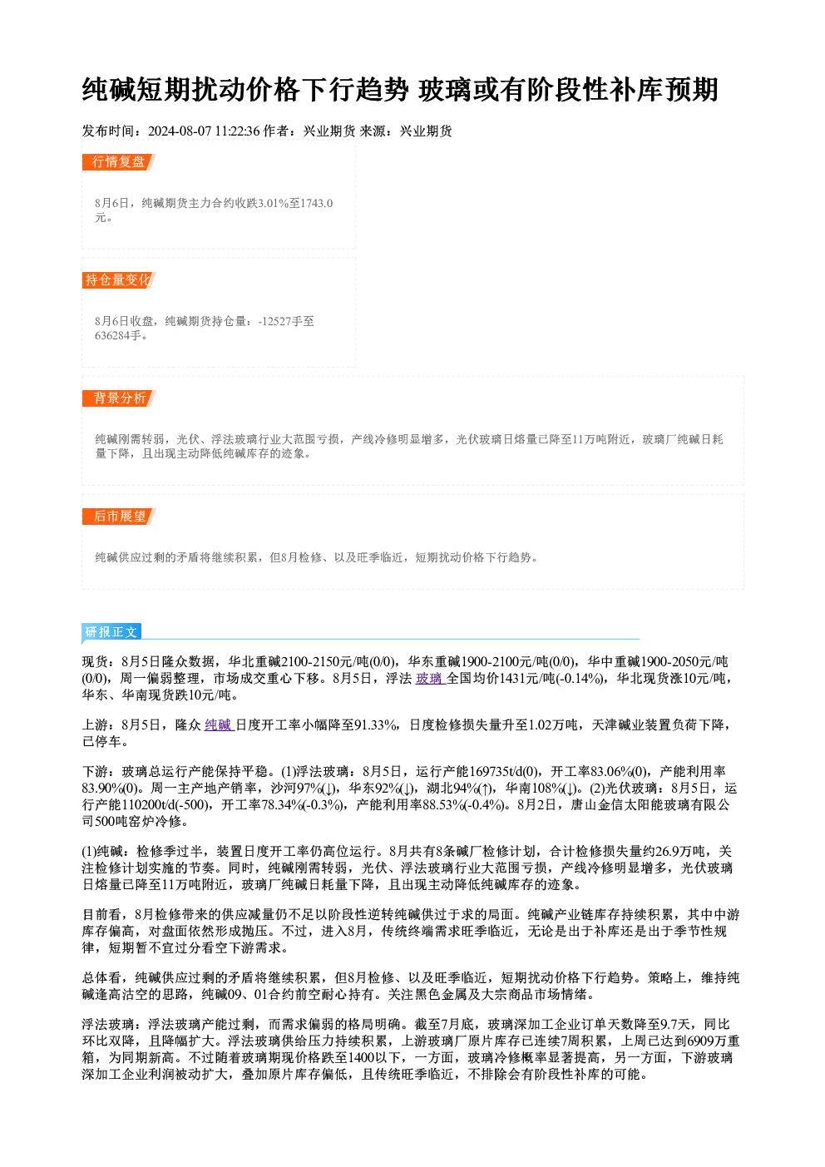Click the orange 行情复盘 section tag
119,162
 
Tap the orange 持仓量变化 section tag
119,280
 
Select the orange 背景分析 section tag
119,398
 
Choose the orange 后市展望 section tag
119,517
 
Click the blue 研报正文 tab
111,632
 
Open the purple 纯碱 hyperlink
220,725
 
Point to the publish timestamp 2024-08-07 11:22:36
204,131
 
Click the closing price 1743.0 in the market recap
316,203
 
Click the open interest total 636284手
118,335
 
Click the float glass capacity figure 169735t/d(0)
505,772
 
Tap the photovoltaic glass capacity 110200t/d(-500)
165,805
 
